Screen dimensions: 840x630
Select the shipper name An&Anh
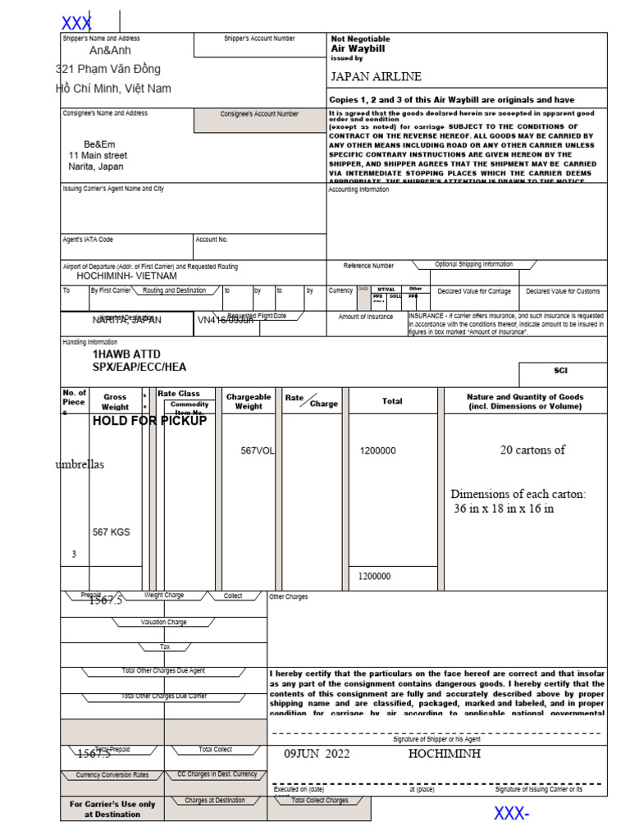pos(110,51)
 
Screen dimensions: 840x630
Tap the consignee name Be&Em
pos(99,144)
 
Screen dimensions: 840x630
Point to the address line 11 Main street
pos(98,155)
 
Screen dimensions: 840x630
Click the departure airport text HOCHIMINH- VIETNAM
pos(126,276)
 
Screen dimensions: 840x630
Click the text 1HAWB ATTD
pos(126,354)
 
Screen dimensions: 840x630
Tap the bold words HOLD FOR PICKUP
pos(149,421)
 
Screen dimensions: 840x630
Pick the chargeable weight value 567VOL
pos(257,450)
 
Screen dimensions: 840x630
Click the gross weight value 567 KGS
pos(111,532)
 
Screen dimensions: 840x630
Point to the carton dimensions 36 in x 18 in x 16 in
pos(504,509)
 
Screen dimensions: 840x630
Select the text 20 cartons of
pos(532,450)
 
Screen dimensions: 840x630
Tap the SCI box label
pos(560,371)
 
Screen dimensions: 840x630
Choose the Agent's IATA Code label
pos(88,240)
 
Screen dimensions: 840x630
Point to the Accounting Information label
pos(358,189)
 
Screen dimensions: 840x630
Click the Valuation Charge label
pos(163,623)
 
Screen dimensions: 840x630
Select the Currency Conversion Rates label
pos(112,774)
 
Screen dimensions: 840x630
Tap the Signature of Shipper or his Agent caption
pos(440,739)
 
